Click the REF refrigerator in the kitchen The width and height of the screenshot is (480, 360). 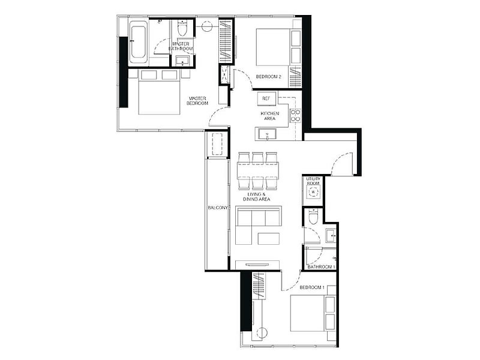point(266,98)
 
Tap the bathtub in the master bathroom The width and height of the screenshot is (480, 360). point(138,42)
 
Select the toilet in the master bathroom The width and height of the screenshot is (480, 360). point(182,28)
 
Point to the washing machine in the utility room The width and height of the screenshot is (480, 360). point(313,192)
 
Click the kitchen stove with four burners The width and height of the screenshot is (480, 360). point(295,116)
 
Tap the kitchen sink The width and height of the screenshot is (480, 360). point(266,134)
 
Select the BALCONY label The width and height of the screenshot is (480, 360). point(218,208)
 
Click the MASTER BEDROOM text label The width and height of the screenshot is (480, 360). point(197,101)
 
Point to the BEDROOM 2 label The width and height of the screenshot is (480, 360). point(268,77)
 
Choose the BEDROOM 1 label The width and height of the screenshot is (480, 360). point(312,287)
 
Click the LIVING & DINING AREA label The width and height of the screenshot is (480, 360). point(257,197)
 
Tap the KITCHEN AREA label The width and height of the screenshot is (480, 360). point(269,116)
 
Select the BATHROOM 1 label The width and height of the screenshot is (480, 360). point(322,267)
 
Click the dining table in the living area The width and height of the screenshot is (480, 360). point(258,170)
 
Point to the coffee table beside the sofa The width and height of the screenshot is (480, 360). point(268,239)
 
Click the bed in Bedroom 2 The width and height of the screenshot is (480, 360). point(273,47)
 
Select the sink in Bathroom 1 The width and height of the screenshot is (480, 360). point(331,236)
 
